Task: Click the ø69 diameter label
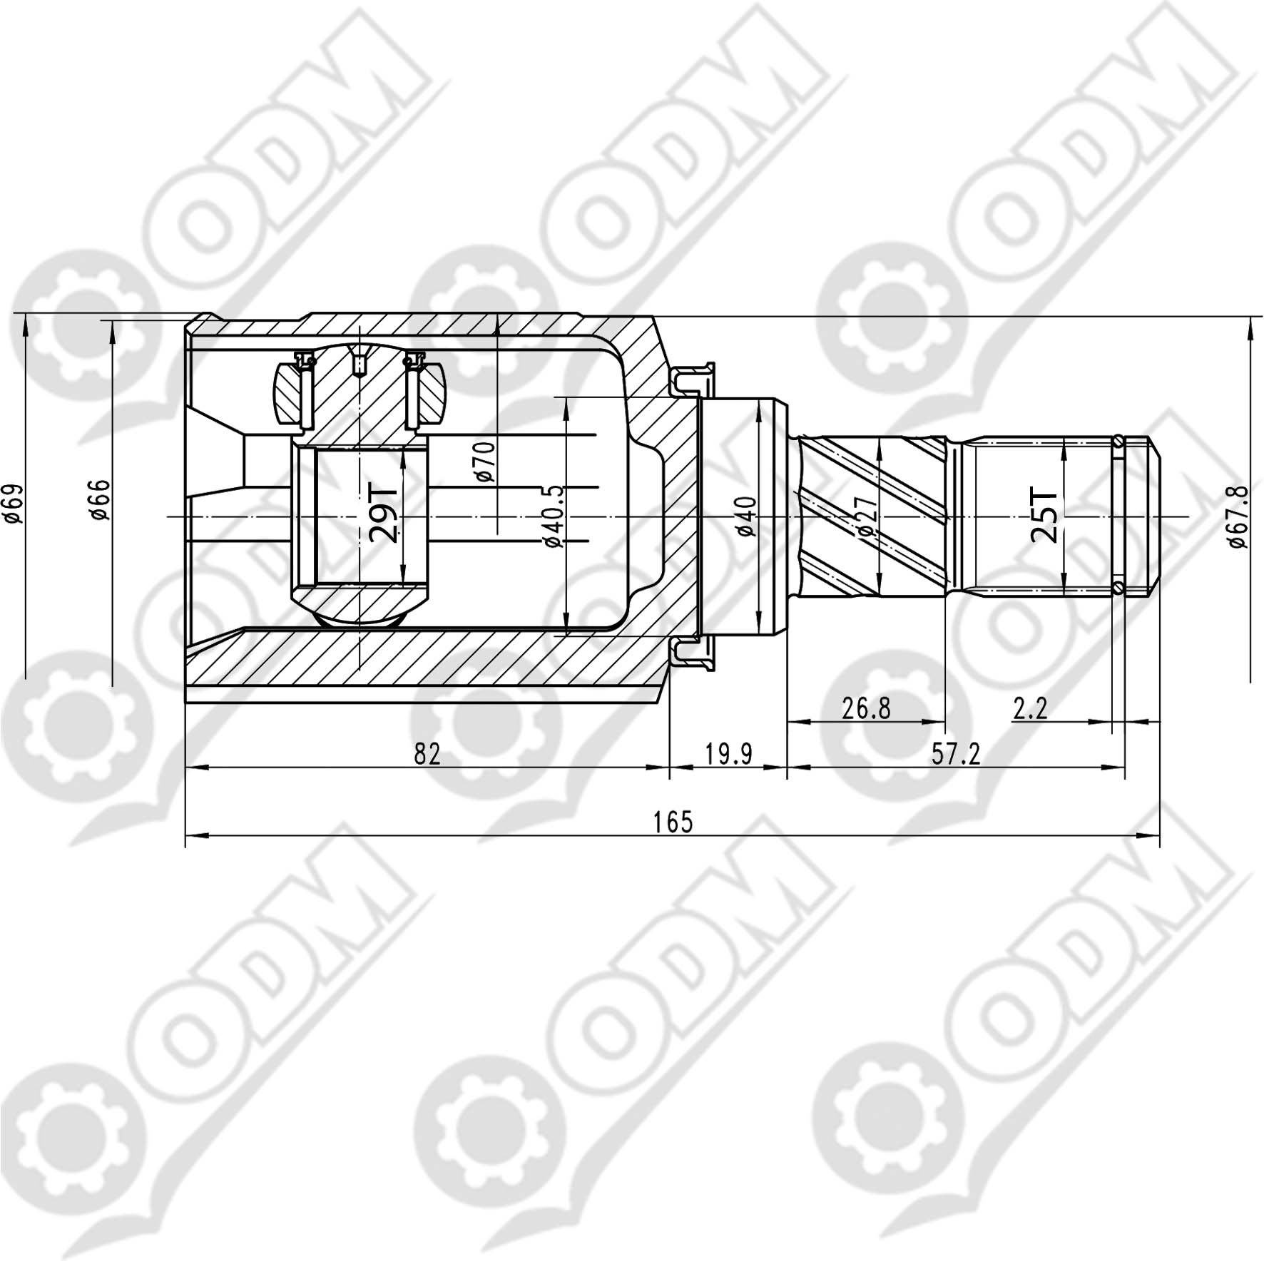12,504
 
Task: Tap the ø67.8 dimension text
1238,516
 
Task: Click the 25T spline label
1044,515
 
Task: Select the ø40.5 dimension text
554,516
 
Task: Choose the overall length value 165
673,822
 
